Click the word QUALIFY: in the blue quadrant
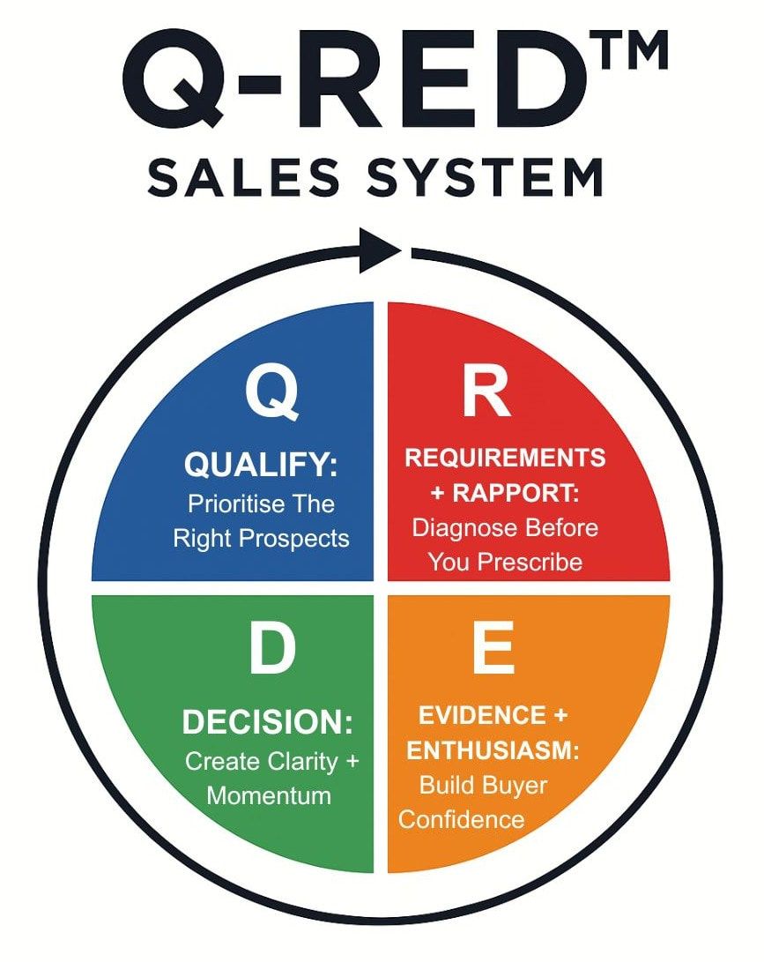click(x=261, y=464)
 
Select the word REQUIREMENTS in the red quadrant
click(x=505, y=458)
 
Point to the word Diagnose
click(x=458, y=527)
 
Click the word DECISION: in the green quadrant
click(x=267, y=723)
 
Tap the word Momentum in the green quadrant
click(x=269, y=794)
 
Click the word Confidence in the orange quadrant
click(x=461, y=819)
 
